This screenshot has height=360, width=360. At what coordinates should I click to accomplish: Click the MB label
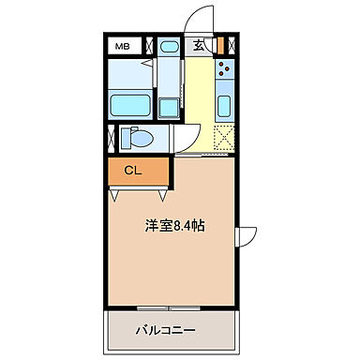click(123, 45)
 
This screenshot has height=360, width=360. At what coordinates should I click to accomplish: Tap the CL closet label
click(134, 171)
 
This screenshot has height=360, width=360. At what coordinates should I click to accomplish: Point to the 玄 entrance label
click(200, 45)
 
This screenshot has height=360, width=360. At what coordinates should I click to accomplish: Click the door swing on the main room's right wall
click(247, 238)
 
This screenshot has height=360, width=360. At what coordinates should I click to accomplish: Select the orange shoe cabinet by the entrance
click(221, 45)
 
